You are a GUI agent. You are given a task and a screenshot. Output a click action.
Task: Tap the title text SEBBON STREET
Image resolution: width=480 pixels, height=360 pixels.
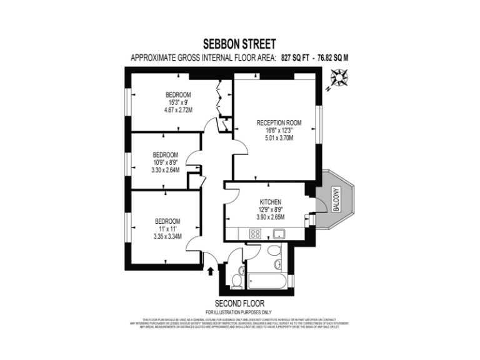click(239, 44)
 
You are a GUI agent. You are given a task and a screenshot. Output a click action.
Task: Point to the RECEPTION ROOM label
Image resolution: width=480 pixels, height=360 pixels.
click(279, 122)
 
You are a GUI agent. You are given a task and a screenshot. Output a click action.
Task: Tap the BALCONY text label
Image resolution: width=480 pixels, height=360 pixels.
click(336, 200)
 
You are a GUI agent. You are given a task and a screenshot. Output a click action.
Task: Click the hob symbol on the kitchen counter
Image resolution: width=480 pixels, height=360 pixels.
click(256, 234)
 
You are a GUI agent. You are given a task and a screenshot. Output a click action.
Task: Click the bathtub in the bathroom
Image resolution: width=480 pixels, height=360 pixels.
click(267, 281)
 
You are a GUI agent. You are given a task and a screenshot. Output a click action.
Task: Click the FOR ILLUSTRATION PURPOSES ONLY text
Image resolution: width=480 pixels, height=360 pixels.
click(239, 311)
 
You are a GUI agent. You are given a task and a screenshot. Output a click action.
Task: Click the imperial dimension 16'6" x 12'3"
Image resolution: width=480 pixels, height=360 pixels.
click(279, 131)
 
